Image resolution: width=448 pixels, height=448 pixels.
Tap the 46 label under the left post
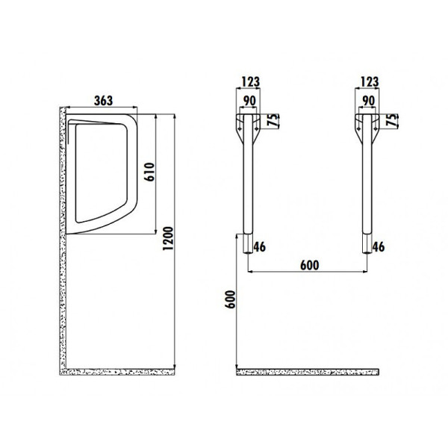pyautogui.click(x=260, y=246)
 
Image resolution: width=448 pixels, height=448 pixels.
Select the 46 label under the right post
pyautogui.click(x=379, y=246)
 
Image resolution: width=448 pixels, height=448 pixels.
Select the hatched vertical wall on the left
pyautogui.click(x=63, y=239)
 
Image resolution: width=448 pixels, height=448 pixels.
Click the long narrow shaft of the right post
pyautogui.click(x=366, y=194)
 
